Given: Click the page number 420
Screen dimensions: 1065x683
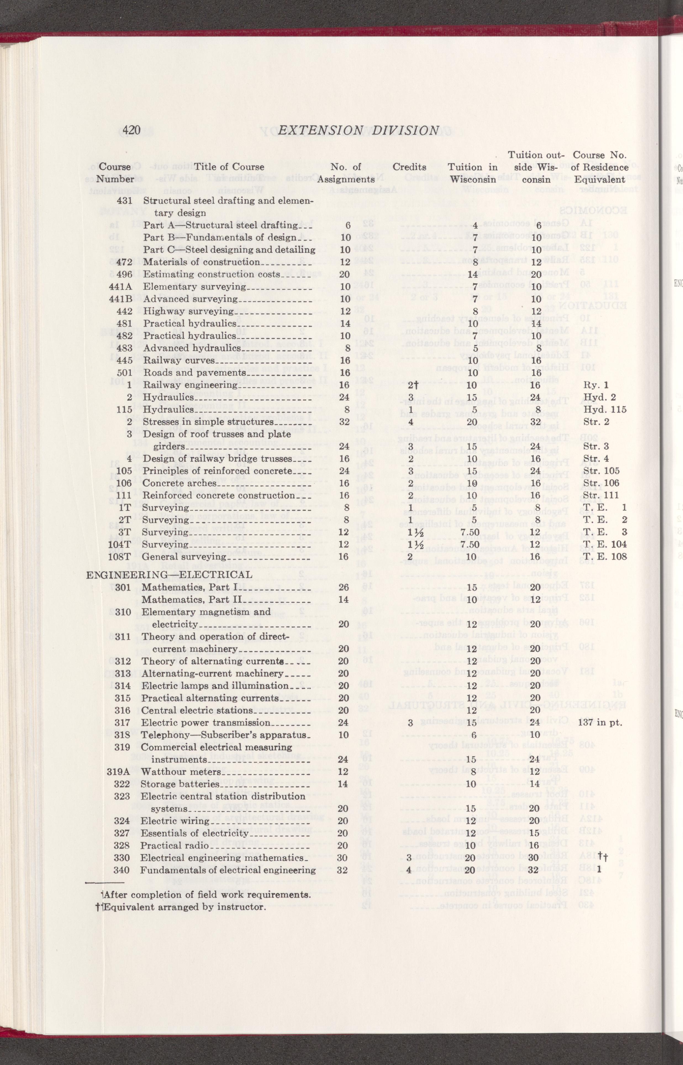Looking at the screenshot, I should (x=132, y=130).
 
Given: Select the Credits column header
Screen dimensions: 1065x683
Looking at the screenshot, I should (x=409, y=167).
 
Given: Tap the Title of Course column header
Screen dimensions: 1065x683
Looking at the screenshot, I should (x=229, y=167).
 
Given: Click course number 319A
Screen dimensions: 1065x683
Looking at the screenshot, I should (x=118, y=772).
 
